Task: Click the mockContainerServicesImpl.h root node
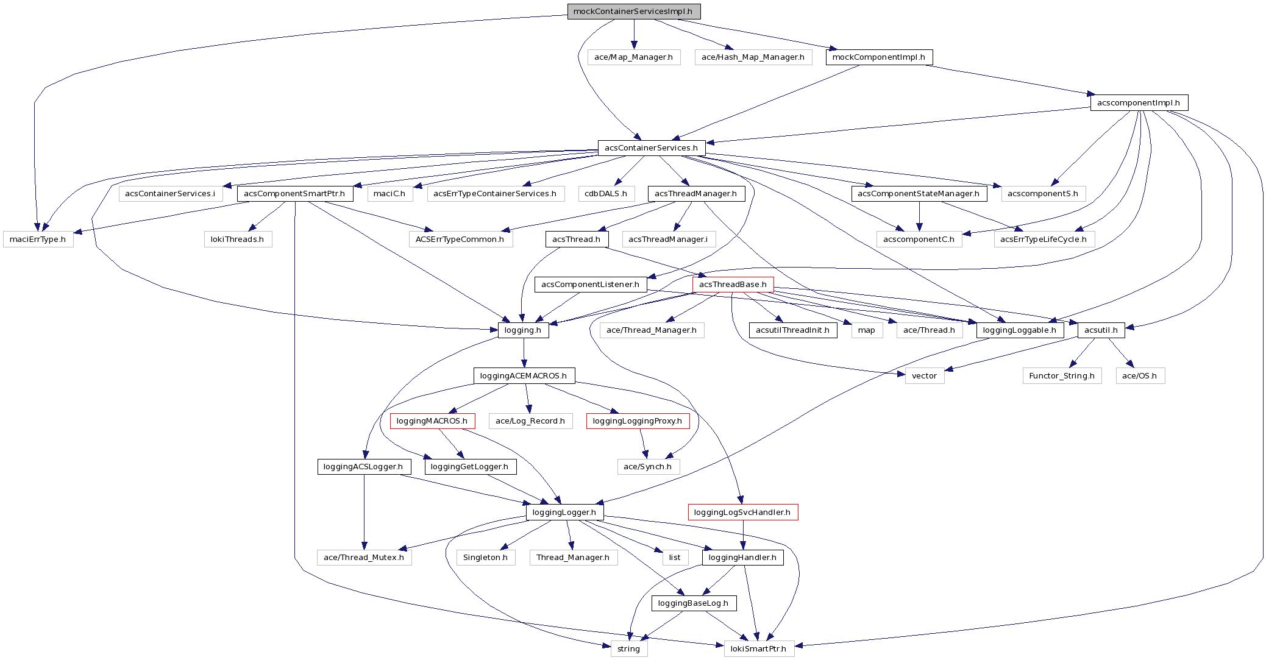(x=634, y=12)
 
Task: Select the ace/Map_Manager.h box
(x=634, y=57)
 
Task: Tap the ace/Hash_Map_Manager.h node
(x=753, y=57)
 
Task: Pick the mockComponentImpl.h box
(x=879, y=57)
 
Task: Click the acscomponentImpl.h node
(x=1139, y=103)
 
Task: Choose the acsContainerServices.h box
(x=652, y=148)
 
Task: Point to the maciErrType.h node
(x=38, y=240)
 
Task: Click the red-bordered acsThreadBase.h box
(x=733, y=285)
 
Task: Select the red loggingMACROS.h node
(x=432, y=421)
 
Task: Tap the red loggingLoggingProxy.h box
(x=638, y=421)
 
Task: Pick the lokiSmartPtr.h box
(x=759, y=649)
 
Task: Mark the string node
(x=629, y=649)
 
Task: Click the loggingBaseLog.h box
(x=694, y=603)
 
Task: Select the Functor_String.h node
(x=1062, y=376)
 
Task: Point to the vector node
(x=925, y=376)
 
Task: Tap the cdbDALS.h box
(x=606, y=194)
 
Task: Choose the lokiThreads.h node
(x=238, y=240)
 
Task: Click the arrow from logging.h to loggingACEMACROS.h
(x=524, y=353)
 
